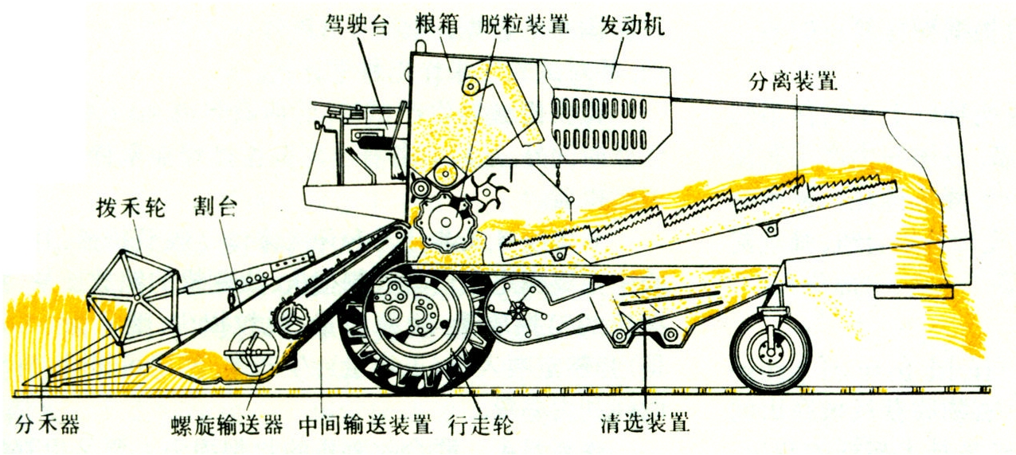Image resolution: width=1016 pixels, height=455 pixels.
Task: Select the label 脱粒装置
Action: click(x=525, y=25)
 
